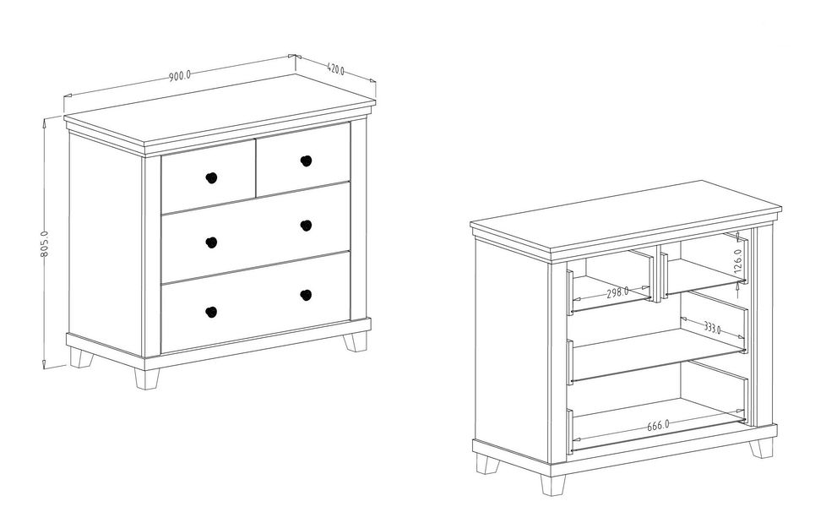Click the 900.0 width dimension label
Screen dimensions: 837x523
pyautogui.click(x=180, y=75)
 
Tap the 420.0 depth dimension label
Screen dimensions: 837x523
pyautogui.click(x=335, y=69)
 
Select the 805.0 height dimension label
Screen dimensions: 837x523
pyautogui.click(x=44, y=243)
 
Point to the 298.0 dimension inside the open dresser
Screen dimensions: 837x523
pyautogui.click(x=617, y=292)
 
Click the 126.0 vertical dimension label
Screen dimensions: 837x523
pyautogui.click(x=737, y=261)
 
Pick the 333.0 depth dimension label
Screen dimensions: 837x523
pyautogui.click(x=711, y=327)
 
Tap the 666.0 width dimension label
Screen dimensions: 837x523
pyautogui.click(x=658, y=426)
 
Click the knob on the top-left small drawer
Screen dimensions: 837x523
pyautogui.click(x=211, y=177)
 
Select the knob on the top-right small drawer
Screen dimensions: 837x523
pyautogui.click(x=306, y=161)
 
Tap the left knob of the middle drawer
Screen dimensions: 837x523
pyautogui.click(x=211, y=242)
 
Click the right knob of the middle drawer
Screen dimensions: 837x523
pyautogui.click(x=306, y=226)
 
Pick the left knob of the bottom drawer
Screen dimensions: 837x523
pyautogui.click(x=211, y=312)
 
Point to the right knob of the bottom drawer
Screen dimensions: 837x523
pyautogui.click(x=306, y=295)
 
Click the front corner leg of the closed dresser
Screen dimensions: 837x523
pyautogui.click(x=147, y=379)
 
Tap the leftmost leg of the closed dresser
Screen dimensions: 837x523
pyautogui.click(x=81, y=358)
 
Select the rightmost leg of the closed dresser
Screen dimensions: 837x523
pyautogui.click(x=356, y=341)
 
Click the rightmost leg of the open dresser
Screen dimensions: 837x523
pyautogui.click(x=761, y=448)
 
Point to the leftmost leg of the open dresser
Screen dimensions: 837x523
pyautogui.click(x=488, y=464)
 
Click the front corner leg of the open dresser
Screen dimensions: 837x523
pyautogui.click(x=553, y=485)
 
